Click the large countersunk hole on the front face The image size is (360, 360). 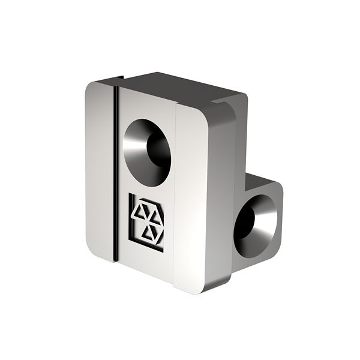coord(147,151)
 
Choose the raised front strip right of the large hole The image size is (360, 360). coord(191,192)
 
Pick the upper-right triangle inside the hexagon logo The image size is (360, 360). coord(155,215)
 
